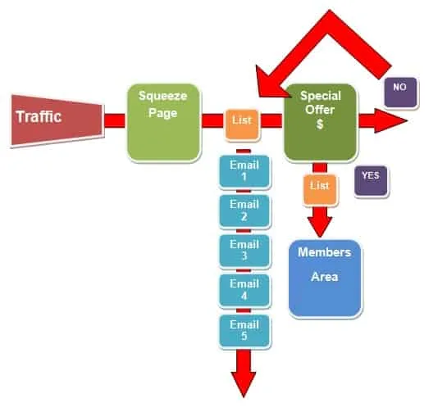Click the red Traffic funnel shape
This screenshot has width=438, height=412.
point(57,120)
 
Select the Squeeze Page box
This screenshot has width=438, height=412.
point(164,123)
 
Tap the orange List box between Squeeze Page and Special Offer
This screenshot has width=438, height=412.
point(242,125)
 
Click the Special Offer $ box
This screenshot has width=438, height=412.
point(321,122)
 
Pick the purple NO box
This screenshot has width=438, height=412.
point(400,93)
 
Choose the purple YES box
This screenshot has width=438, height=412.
point(371,181)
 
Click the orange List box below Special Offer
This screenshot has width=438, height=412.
point(320,190)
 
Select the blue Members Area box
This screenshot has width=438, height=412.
point(325,278)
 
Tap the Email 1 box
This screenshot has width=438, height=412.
point(244,171)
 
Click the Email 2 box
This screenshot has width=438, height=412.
point(244,211)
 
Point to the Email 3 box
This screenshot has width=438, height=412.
point(244,251)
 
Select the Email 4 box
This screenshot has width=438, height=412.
point(244,291)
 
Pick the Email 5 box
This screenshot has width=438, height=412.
point(244,331)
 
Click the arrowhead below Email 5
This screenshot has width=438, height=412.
point(244,383)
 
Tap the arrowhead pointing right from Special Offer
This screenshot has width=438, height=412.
point(390,120)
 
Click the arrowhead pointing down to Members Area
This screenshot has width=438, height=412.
point(320,227)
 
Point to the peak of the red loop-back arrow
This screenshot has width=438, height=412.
point(330,11)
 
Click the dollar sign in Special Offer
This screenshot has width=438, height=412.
point(320,124)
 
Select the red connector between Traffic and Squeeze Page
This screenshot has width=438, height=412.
point(115,120)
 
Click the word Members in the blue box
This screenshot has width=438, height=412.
point(324,252)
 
